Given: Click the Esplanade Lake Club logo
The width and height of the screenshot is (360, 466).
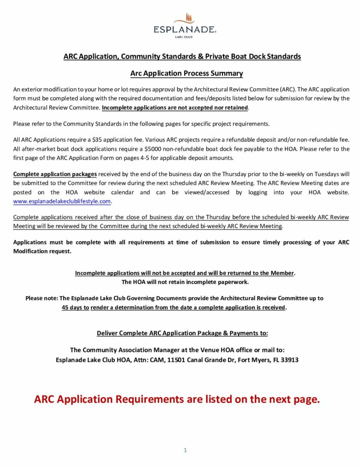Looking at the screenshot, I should (184, 25).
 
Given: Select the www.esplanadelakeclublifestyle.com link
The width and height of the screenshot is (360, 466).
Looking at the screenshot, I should (62, 201).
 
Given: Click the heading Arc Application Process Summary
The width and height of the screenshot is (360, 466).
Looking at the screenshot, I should (187, 73).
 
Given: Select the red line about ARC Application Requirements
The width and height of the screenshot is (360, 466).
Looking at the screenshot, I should (177, 399).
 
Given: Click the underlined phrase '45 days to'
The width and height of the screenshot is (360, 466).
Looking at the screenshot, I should (76, 307).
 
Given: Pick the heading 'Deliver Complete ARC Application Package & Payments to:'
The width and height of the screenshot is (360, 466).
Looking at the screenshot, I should (183, 333).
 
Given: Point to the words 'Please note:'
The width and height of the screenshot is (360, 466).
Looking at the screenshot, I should (42, 298).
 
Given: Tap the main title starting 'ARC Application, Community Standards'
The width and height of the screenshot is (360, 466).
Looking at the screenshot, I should (182, 56).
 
